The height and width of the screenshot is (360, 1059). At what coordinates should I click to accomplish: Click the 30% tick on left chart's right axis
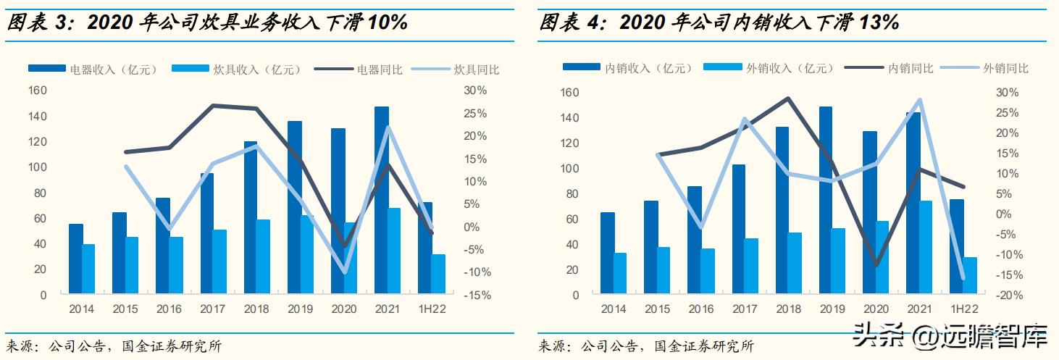click(x=474, y=91)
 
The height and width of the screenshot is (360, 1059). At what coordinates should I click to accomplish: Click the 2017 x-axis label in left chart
click(x=213, y=309)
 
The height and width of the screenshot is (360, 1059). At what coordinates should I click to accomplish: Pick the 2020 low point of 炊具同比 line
click(x=344, y=272)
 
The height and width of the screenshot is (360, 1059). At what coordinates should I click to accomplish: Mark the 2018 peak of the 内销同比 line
click(x=788, y=99)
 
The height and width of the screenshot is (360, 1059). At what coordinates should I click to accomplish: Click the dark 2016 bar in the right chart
click(x=695, y=240)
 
